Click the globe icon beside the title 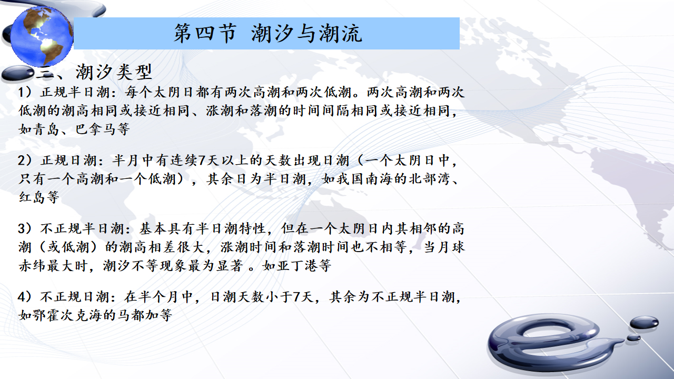click(42, 36)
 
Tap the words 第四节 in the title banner click(205, 33)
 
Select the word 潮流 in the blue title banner click(341, 33)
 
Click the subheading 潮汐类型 click(114, 72)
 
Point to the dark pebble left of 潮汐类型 click(18, 73)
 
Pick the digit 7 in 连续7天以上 click(202, 161)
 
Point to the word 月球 click(451, 247)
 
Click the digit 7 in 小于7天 click(296, 297)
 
